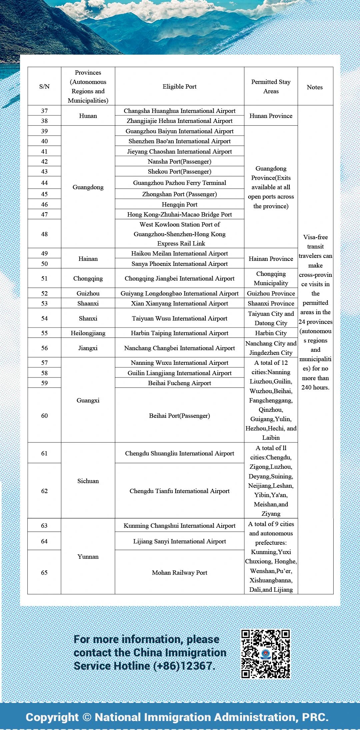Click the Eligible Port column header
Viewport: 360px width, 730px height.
[179, 87]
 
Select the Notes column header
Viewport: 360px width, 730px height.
[315, 87]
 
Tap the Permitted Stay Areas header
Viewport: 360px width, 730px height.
[271, 87]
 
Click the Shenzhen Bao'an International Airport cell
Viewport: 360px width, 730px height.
[179, 141]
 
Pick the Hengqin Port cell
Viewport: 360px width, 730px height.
[179, 205]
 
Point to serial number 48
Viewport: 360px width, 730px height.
[44, 234]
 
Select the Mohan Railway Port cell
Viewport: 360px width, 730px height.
[179, 573]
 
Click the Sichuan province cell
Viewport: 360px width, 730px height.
[88, 481]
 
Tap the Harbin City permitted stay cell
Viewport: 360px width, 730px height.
[271, 333]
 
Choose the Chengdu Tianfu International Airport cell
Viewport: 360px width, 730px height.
[179, 491]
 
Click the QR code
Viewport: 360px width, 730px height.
[265, 654]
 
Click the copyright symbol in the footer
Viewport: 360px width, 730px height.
[87, 717]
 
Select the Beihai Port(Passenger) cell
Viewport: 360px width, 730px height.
[179, 416]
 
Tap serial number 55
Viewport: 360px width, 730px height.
[44, 333]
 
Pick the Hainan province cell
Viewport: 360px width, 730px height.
[88, 259]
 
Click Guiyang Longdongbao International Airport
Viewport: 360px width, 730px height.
[179, 294]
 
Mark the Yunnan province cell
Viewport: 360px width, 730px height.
[88, 557]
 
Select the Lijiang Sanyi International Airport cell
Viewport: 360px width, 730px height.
[179, 541]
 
